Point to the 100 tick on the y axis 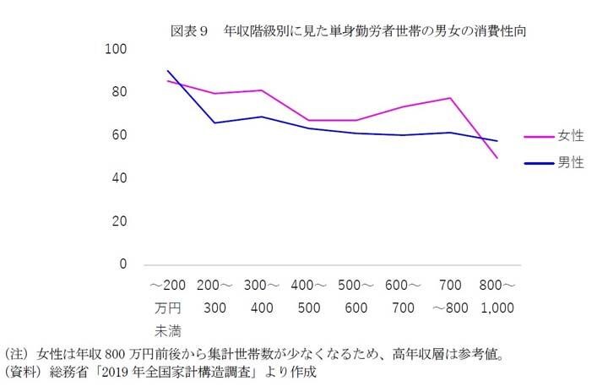pos(115,50)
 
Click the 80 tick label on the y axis pos(117,93)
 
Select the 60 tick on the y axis pos(117,136)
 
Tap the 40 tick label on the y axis pos(117,179)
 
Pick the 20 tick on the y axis pos(117,222)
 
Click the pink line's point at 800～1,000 pos(497,158)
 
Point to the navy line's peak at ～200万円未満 pos(167,71)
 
